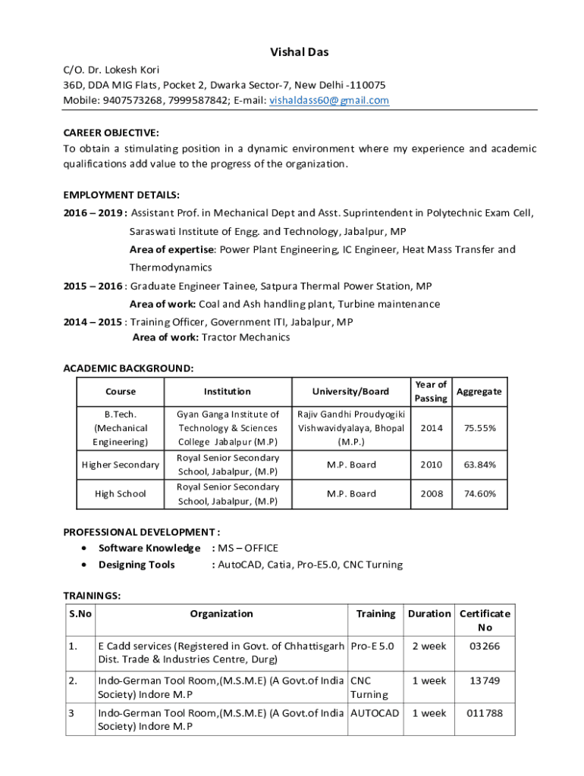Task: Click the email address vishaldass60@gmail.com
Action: pos(329,100)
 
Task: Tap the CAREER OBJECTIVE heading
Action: pos(111,132)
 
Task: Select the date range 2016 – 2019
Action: pos(93,213)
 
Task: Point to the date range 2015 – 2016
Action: pos(93,286)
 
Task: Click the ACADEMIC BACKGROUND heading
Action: pos(128,368)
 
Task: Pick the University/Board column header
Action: pos(350,391)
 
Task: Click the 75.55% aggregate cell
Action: pos(480,427)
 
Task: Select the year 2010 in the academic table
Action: pos(431,465)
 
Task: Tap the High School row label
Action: pos(121,493)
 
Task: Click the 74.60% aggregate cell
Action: pos(480,493)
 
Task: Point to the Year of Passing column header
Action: pos(431,391)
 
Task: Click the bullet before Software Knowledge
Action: pos(83,548)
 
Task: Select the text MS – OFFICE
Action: pos(248,548)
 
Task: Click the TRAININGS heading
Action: pos(92,596)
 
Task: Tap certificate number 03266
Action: pos(485,646)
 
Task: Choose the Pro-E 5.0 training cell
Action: pos(372,646)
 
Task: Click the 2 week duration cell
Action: pos(429,646)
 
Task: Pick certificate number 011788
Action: pos(485,713)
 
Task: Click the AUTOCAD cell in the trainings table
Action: pos(375,713)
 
